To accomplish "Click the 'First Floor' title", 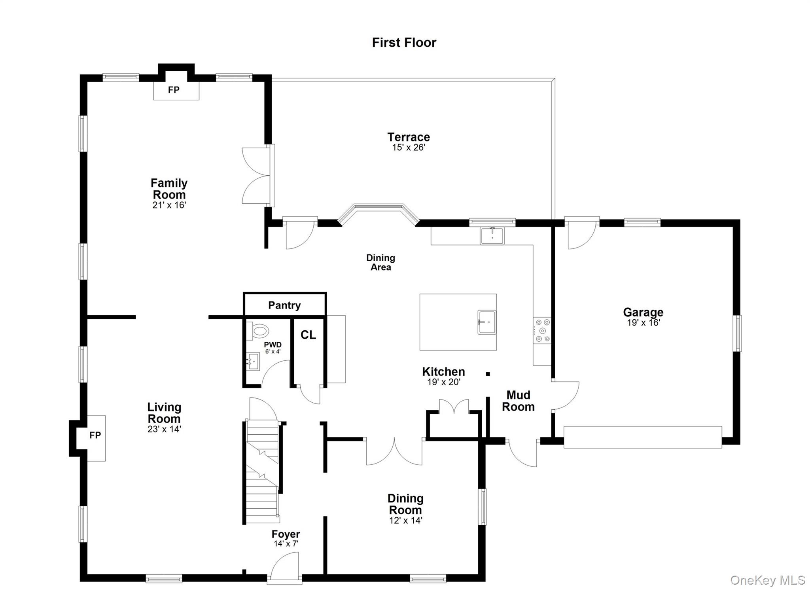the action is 404,42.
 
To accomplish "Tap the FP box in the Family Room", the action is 176,91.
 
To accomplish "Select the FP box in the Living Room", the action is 96,438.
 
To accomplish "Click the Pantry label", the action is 284,305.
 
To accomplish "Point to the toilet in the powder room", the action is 257,331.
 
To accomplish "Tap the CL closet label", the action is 308,335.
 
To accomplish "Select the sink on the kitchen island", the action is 486,322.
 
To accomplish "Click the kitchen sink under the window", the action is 492,236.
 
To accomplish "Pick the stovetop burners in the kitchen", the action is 542,330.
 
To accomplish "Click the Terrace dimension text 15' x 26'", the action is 409,148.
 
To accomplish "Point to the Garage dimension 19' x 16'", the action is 643,322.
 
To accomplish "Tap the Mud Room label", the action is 518,401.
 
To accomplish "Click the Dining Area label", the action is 380,262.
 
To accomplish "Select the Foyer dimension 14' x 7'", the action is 286,544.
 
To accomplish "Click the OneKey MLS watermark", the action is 768,580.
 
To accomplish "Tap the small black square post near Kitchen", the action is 488,374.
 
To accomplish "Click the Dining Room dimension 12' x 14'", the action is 406,520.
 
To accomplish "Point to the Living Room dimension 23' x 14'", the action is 164,429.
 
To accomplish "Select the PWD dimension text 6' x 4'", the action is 273,351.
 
